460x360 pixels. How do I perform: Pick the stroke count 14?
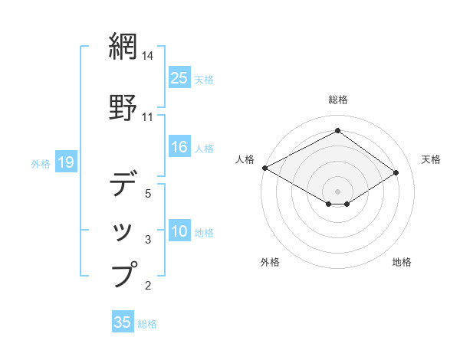pyautogui.click(x=149, y=55)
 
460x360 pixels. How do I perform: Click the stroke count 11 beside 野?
pyautogui.click(x=148, y=117)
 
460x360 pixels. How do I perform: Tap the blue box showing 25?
pyautogui.click(x=179, y=77)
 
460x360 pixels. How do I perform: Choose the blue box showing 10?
pyautogui.click(x=179, y=231)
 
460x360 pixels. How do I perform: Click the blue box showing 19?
pyautogui.click(x=65, y=162)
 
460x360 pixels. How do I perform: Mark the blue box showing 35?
pyautogui.click(x=123, y=322)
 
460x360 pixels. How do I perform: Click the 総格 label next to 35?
pyautogui.click(x=147, y=324)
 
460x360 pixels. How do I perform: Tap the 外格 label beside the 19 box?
pyautogui.click(x=41, y=163)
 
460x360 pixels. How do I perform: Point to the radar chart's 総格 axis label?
pyautogui.click(x=338, y=100)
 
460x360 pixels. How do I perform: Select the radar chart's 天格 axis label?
pyautogui.click(x=431, y=159)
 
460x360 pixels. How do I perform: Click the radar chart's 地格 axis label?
pyautogui.click(x=402, y=262)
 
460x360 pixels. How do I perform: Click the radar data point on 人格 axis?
pyautogui.click(x=264, y=167)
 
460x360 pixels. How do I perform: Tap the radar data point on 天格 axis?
pyautogui.click(x=396, y=172)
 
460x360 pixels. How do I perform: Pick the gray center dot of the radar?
pyautogui.click(x=338, y=191)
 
